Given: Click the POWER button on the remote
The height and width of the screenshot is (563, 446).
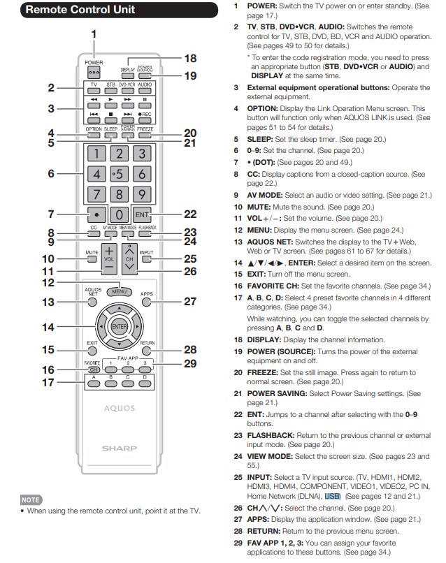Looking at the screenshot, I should tap(94, 73).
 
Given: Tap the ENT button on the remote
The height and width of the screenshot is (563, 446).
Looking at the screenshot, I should tap(142, 214).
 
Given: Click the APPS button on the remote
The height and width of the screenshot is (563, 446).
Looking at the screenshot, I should tap(146, 302).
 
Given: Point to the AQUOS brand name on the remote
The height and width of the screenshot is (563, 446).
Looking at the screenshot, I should tap(120, 408).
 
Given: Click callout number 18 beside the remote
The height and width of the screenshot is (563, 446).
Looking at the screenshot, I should tap(190, 59).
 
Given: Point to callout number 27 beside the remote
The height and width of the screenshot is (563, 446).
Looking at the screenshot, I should tap(190, 302).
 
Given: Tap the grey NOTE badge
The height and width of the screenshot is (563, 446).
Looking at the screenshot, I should tap(30, 500).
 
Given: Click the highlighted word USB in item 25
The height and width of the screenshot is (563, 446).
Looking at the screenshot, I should tap(332, 495).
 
